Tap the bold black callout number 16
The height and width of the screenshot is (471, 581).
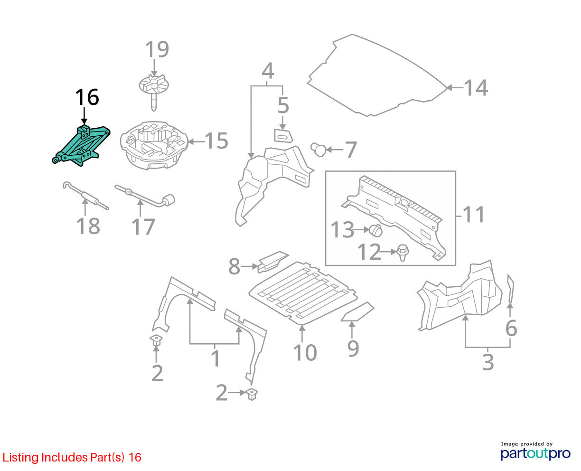[87, 97]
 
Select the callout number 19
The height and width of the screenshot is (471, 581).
[157, 49]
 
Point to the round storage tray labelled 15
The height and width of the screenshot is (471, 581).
[154, 145]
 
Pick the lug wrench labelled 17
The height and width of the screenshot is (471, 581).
[145, 196]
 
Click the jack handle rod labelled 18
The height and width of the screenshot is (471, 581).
[85, 196]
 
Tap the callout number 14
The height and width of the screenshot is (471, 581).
[476, 88]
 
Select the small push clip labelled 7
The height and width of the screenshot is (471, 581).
[319, 149]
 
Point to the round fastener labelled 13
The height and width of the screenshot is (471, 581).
[375, 231]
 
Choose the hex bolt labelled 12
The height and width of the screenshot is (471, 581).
[403, 253]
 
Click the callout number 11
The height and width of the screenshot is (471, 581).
[474, 215]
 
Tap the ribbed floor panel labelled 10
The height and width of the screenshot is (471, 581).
[303, 293]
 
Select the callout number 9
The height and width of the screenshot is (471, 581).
[353, 349]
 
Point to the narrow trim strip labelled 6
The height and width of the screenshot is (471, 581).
[510, 289]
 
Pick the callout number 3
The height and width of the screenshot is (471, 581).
[488, 362]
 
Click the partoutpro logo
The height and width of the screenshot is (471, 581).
[535, 453]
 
